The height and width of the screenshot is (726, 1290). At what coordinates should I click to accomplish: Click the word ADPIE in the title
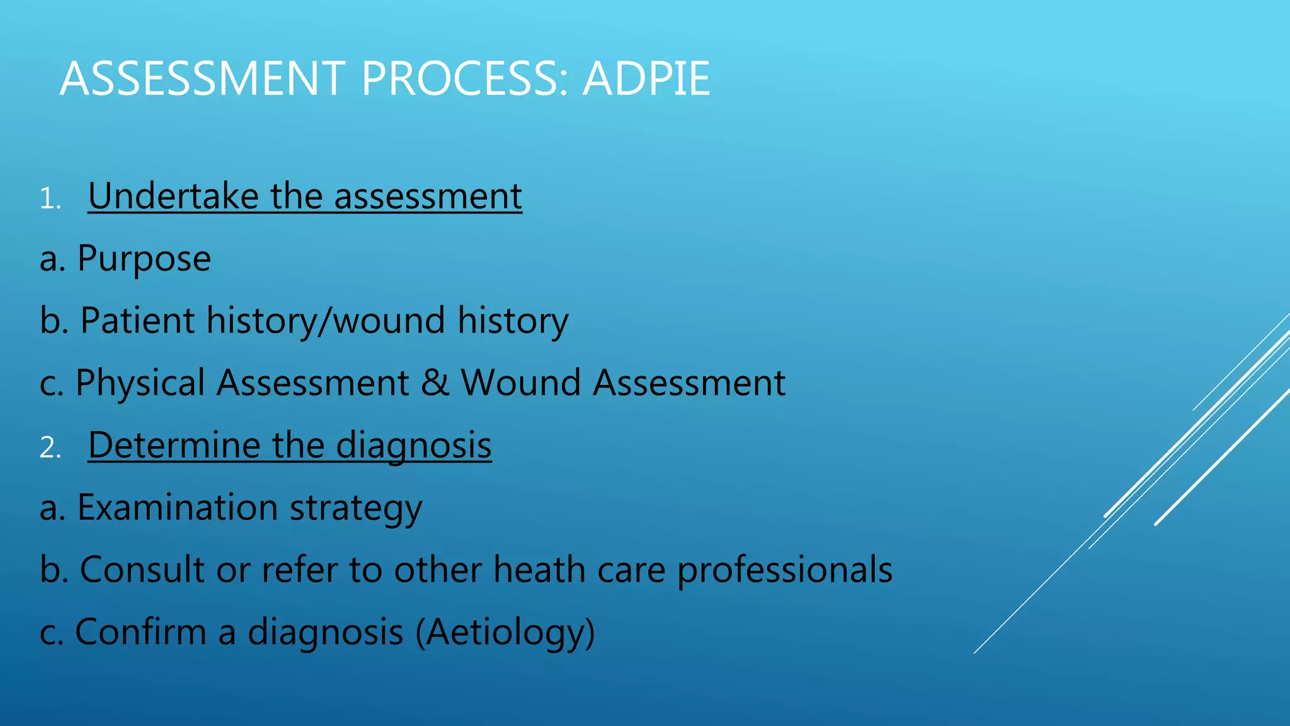pos(646,79)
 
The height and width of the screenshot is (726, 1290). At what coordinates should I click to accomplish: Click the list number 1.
pos(49,199)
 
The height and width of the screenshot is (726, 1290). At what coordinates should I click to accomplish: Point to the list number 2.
pos(49,448)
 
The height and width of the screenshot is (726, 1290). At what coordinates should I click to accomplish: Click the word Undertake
pos(173,195)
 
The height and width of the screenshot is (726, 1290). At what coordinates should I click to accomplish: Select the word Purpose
pos(144,258)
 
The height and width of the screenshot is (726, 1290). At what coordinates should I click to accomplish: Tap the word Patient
pos(137,320)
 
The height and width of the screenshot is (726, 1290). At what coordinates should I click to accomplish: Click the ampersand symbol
pos(435,383)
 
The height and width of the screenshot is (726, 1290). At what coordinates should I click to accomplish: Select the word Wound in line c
pos(520,383)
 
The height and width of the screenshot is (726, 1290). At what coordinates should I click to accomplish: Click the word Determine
pos(174,445)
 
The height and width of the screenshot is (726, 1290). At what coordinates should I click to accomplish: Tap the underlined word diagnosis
pos(414,446)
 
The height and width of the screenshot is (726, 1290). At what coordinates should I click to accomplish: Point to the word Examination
pos(177,507)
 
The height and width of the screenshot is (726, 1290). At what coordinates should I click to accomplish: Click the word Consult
pos(142,570)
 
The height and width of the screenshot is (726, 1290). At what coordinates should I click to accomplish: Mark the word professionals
pos(785,570)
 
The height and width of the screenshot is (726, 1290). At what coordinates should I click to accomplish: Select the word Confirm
pos(140,631)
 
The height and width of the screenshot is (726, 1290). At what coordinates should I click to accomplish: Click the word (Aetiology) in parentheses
pos(505,632)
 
